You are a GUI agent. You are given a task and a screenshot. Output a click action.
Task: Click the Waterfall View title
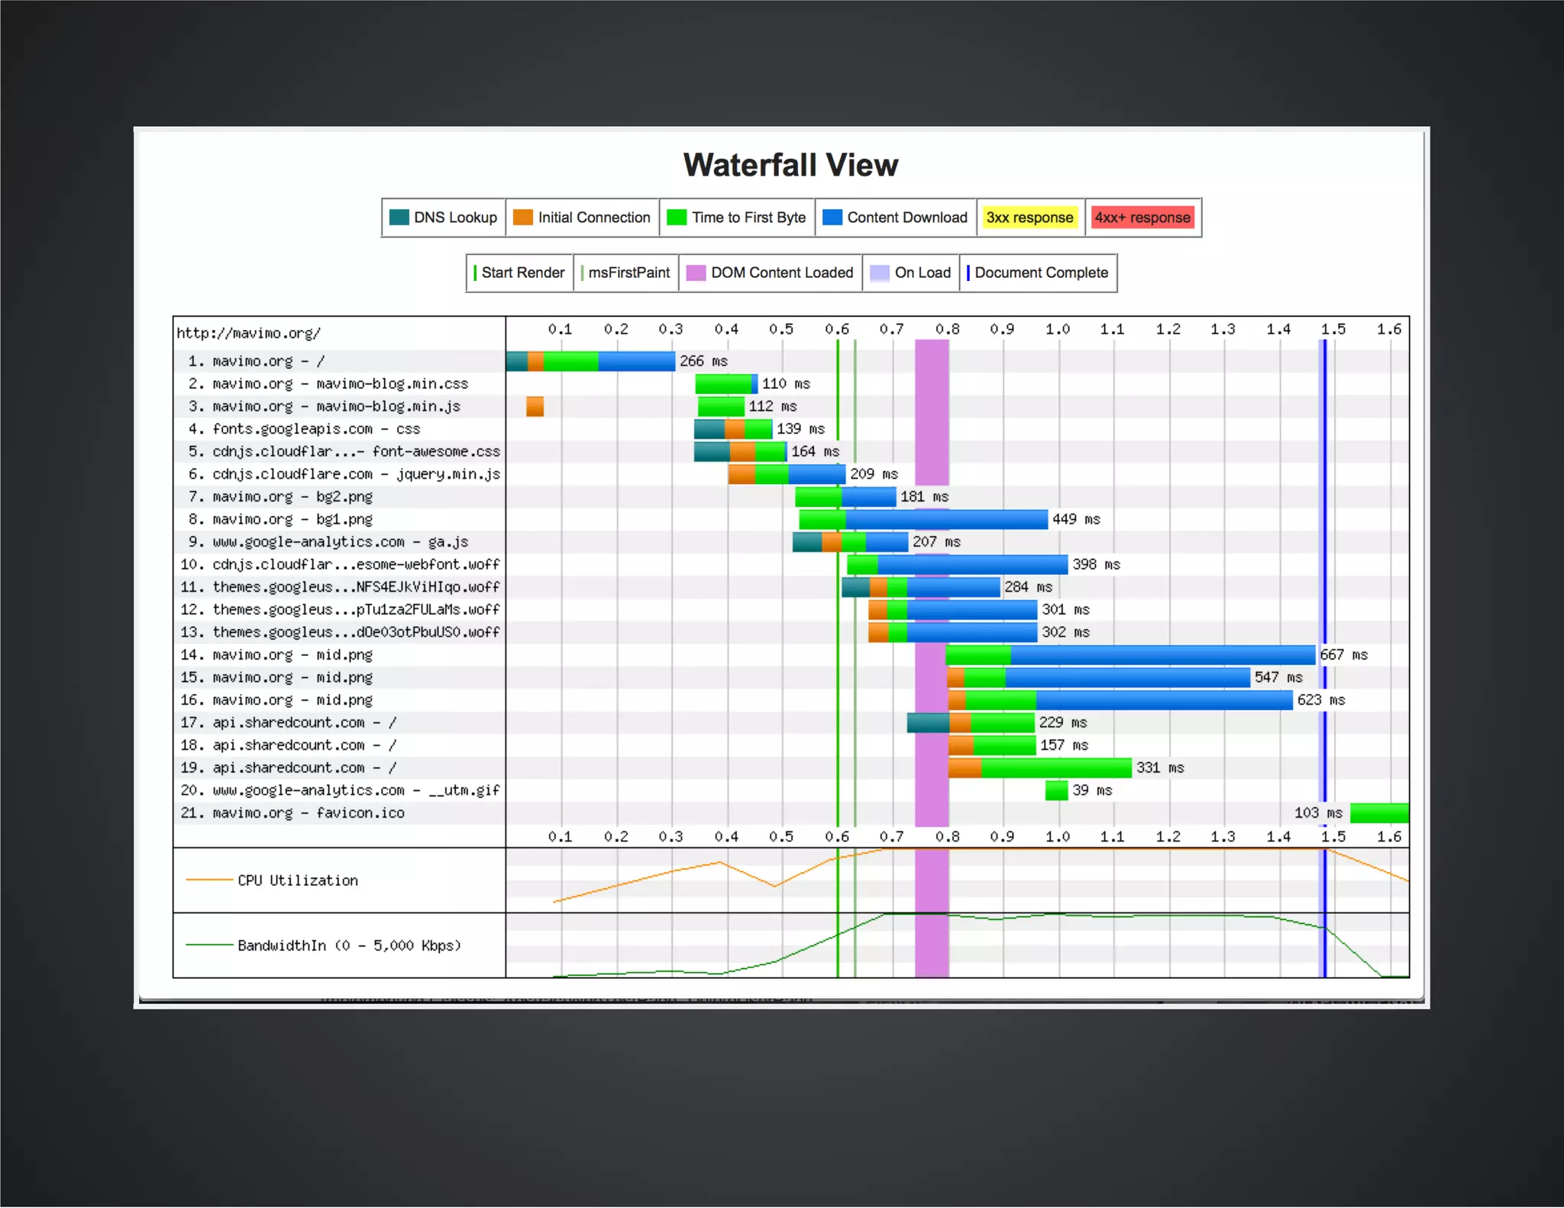[790, 165]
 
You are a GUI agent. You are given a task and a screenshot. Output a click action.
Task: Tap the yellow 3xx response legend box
[1029, 218]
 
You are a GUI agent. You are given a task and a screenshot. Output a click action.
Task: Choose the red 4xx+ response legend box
[1142, 218]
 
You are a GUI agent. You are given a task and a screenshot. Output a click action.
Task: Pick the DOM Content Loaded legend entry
[771, 273]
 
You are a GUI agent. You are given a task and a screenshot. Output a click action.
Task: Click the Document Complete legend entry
[1038, 273]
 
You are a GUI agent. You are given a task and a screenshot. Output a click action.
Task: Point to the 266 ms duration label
[703, 361]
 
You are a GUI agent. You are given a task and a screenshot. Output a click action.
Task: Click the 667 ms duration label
[1343, 655]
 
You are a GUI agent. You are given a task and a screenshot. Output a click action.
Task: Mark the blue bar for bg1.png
[947, 520]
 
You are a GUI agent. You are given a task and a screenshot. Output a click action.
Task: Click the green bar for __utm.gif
[1056, 790]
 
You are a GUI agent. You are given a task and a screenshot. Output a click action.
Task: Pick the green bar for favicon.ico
[1378, 813]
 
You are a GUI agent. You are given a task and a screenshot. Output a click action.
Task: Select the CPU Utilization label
[297, 880]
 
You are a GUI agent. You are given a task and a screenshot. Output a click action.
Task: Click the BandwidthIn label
[349, 945]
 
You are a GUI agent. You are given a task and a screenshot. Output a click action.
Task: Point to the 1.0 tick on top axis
[1057, 329]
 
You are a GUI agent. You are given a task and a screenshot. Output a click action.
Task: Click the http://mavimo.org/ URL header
[249, 333]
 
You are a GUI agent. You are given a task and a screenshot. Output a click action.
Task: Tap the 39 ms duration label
[1092, 790]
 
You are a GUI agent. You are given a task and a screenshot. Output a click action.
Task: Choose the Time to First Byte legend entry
[737, 218]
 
